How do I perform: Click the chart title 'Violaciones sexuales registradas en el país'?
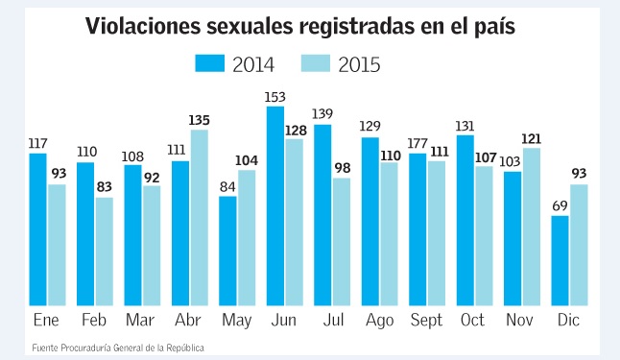(x=300, y=27)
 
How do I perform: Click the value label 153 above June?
(x=275, y=97)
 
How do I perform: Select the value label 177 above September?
(x=417, y=144)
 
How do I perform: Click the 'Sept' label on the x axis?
(x=426, y=320)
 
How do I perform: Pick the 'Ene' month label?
(x=46, y=320)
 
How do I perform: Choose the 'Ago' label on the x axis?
(x=378, y=320)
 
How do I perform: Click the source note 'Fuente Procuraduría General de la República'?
(x=118, y=347)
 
